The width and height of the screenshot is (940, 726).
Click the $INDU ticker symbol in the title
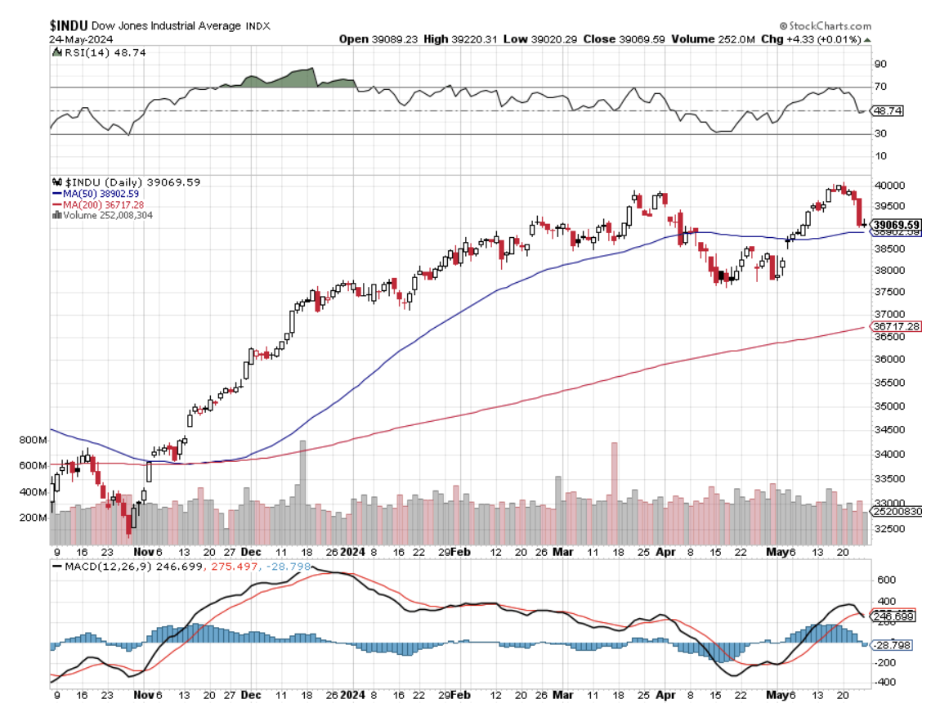[x=69, y=25]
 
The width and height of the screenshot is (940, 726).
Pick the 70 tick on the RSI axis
[x=881, y=87]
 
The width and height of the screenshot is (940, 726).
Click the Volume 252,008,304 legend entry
[x=105, y=215]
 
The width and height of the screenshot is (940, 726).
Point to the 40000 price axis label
[x=889, y=186]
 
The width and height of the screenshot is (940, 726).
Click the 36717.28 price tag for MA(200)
[x=897, y=326]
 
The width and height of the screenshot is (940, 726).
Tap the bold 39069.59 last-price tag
[x=897, y=225]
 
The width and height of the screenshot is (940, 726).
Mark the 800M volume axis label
[x=34, y=440]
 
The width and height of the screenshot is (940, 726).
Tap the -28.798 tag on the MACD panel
[x=892, y=645]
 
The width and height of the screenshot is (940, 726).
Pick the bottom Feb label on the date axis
[x=461, y=696]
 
